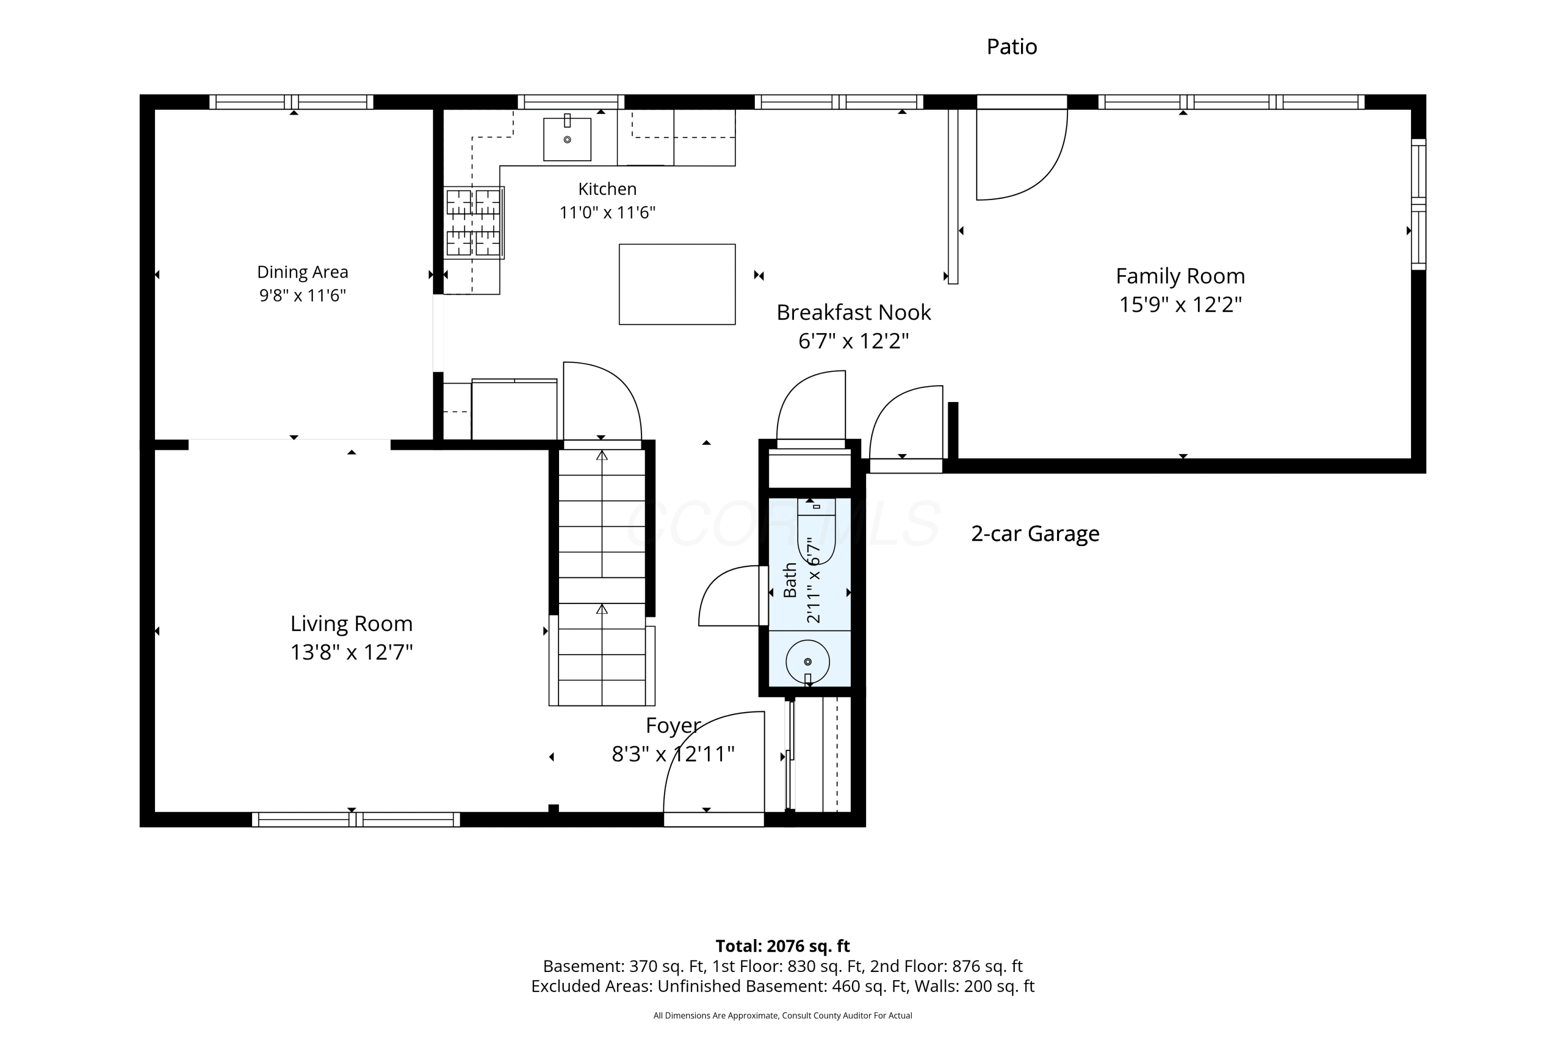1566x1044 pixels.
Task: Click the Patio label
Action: (1012, 46)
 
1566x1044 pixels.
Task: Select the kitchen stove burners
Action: (473, 222)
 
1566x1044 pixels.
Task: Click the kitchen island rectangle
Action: (677, 284)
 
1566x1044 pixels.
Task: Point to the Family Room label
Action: (1180, 276)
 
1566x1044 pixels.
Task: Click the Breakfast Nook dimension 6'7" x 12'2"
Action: (853, 341)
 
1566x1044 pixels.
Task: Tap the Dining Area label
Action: (303, 271)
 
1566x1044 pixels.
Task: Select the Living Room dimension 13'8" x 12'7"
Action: (351, 652)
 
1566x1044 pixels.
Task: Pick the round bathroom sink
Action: (808, 662)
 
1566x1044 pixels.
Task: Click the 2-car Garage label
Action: (1035, 533)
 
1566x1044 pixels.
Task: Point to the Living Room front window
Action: (355, 820)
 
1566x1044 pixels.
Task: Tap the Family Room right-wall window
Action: (1419, 205)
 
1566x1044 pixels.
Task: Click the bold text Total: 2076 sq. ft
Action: (782, 946)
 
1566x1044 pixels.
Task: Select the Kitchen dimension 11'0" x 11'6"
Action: (607, 213)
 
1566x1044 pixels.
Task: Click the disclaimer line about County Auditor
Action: (782, 1015)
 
